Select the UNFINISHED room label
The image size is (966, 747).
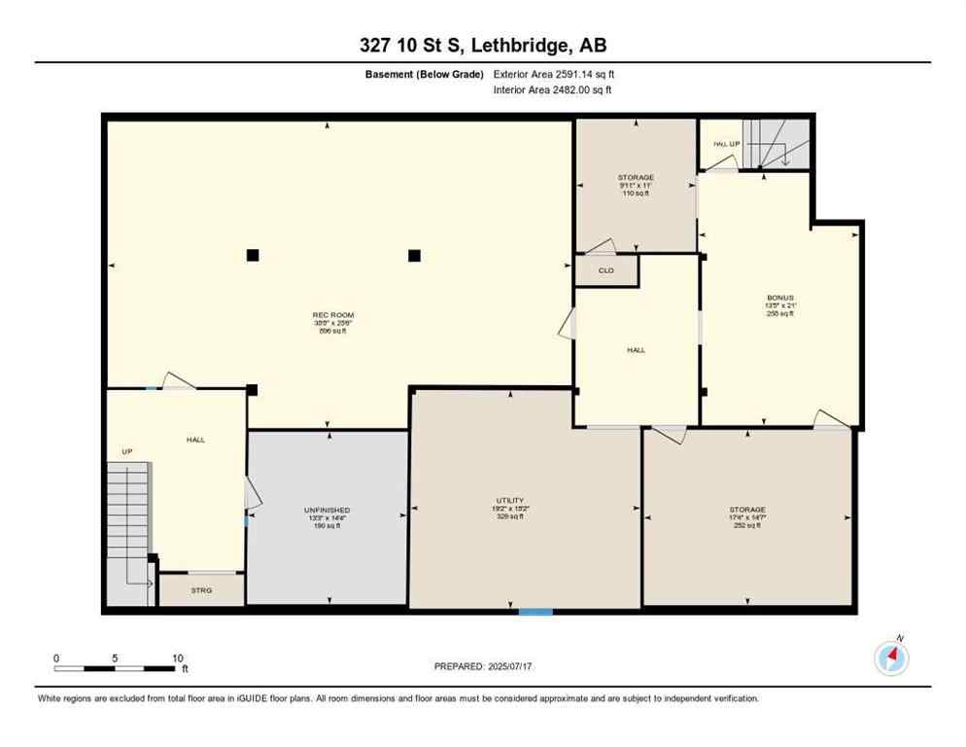click(x=327, y=510)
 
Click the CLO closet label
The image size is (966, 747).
click(x=605, y=270)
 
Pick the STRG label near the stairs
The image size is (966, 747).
click(x=201, y=590)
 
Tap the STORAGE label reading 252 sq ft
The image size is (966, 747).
click(x=747, y=510)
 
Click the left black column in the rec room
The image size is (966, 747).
click(x=253, y=255)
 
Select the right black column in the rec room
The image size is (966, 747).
click(x=414, y=255)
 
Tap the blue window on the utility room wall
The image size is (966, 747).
click(x=535, y=612)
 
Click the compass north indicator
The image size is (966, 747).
click(x=891, y=658)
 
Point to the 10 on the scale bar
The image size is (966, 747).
click(x=178, y=658)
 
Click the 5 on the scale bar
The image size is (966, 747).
click(x=115, y=658)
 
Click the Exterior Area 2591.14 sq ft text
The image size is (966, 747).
click(x=554, y=74)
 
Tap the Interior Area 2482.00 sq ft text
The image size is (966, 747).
click(x=552, y=90)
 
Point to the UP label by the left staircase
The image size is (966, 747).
click(x=126, y=452)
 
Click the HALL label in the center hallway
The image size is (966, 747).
click(x=636, y=350)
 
